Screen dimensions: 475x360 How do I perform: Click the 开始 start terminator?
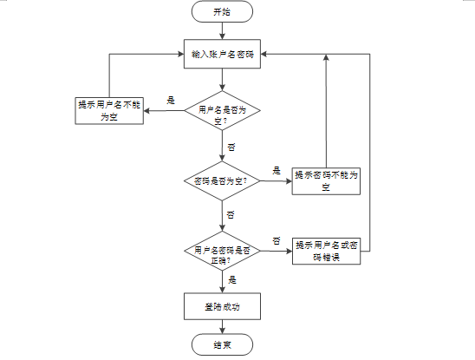point(222,11)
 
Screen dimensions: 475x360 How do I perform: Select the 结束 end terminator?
point(222,344)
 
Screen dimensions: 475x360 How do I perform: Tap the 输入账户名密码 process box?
point(222,54)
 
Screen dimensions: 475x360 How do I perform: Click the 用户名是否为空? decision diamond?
point(222,110)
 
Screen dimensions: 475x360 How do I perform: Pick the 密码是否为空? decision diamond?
point(222,180)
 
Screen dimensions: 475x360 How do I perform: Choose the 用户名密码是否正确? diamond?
point(222,251)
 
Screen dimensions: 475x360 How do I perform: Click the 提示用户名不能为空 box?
point(109,111)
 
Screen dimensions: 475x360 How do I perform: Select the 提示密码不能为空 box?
point(326,181)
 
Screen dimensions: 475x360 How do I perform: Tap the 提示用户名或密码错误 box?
point(326,251)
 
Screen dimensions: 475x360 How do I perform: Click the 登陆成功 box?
point(222,306)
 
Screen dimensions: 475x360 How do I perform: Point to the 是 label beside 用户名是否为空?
point(171,101)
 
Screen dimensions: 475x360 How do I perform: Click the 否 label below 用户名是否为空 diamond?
point(231,147)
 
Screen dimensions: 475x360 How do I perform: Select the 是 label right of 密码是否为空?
point(277,171)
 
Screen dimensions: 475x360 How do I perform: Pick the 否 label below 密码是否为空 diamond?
point(231,215)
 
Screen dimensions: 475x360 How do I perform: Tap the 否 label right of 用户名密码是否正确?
point(277,241)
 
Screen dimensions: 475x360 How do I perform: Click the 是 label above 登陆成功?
point(232,279)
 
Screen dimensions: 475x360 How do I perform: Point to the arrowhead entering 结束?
point(222,331)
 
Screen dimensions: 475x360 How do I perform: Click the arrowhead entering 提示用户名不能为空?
point(146,111)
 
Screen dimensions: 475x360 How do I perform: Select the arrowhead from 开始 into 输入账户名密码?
point(222,36)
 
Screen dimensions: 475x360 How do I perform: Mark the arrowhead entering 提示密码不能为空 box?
point(289,181)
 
